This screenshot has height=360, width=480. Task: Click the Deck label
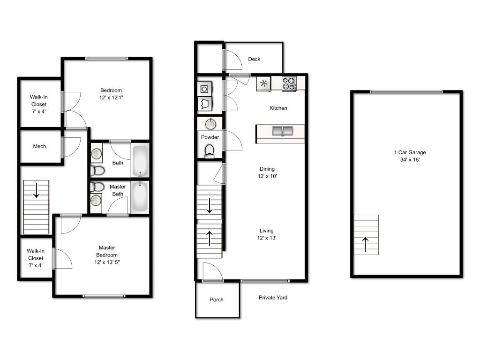click(254, 59)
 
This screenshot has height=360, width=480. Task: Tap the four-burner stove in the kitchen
click(289, 83)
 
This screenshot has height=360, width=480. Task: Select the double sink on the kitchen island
click(282, 131)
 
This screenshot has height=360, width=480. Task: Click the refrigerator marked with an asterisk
click(264, 84)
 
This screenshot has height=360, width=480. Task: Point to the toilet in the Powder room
click(210, 150)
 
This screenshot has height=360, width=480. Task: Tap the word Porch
click(217, 300)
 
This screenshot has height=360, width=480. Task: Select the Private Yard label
click(273, 298)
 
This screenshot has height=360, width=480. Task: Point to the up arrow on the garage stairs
click(366, 244)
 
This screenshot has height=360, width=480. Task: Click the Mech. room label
click(40, 147)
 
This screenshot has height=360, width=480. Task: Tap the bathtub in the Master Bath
click(140, 196)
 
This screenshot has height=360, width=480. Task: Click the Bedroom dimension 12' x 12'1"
click(111, 97)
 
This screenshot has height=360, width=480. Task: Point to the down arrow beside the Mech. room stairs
click(36, 190)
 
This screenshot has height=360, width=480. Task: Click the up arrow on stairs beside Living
click(209, 239)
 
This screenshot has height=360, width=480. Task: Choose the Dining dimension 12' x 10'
click(267, 177)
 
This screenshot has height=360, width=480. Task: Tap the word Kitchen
click(278, 108)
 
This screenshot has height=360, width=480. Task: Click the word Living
click(267, 231)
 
